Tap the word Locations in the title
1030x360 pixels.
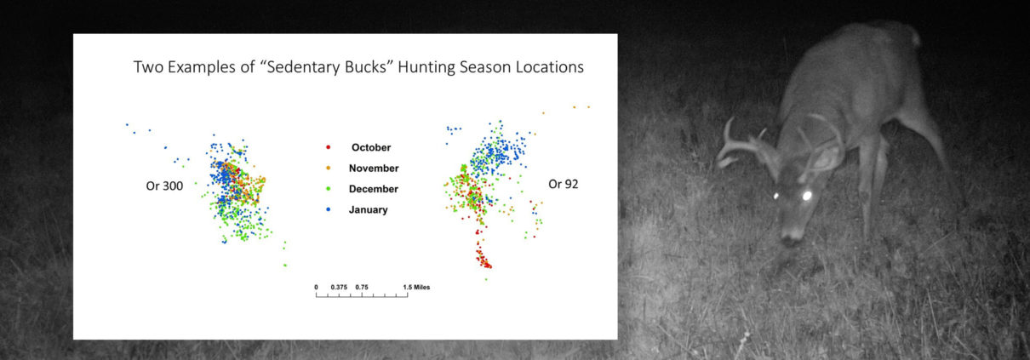550,66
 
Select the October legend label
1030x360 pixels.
371,147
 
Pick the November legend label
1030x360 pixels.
374,169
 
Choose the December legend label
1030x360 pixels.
374,189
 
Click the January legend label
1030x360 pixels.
368,209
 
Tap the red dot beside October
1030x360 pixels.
328,147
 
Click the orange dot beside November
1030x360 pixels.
328,169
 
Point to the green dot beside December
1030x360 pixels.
328,188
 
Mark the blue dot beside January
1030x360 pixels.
328,209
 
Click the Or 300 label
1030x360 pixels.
164,186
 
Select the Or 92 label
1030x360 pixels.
564,185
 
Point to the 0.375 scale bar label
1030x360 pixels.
339,288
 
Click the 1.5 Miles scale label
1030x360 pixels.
416,288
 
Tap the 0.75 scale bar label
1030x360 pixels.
362,288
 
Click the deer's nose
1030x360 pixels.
790,238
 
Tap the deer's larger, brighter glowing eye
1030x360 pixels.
807,196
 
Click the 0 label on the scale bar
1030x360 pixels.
316,288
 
